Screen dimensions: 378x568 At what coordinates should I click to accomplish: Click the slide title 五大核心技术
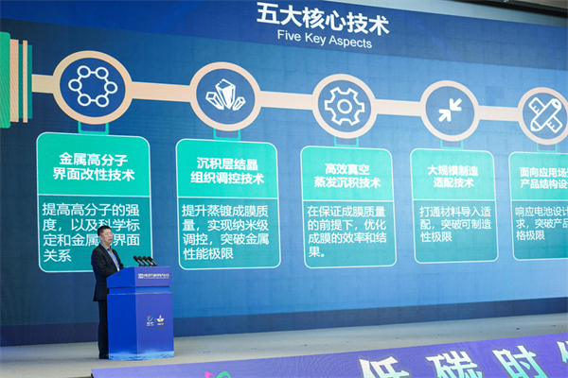point(322,16)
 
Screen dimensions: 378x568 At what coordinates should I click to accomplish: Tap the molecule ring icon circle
point(92,87)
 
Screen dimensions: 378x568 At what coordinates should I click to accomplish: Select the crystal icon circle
point(225,96)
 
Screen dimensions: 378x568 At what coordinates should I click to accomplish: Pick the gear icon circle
point(344,106)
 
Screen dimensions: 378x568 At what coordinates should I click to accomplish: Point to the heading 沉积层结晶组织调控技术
point(227,170)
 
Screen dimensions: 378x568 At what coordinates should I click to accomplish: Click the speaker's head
point(105,234)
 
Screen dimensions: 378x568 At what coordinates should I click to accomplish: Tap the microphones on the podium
point(143,260)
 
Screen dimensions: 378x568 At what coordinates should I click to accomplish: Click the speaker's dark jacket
point(104,269)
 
